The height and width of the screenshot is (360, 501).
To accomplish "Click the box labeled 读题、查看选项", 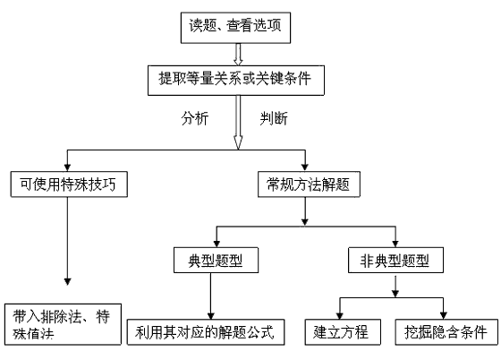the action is pos(235,28).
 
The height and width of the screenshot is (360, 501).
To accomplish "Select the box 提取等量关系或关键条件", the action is pos(236,81).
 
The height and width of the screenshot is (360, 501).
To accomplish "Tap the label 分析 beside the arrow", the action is pos(195,118).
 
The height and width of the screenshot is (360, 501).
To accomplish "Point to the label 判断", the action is pos(274,118).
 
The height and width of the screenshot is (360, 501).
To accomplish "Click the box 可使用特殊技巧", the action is pos(69,184).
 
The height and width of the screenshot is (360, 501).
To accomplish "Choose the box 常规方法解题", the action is pos(309,184).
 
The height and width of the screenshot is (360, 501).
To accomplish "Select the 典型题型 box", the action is pos(216,260).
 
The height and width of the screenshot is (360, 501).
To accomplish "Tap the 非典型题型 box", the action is pos(395,260).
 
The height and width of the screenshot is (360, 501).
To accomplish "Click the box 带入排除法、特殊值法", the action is pos(63,324).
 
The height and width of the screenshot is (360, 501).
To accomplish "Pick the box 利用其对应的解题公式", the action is pos(206,332).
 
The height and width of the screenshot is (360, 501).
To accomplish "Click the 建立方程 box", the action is pos(343,332).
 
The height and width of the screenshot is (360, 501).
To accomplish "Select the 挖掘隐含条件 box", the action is pos(446,332).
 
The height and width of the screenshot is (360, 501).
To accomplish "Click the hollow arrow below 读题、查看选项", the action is pos(238,55).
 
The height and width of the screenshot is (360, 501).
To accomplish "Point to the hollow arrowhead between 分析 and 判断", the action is pos(238,142).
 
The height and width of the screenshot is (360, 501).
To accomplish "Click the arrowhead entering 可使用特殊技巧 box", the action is pos(67,167).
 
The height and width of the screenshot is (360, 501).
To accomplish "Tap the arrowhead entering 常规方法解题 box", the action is pos(305,167).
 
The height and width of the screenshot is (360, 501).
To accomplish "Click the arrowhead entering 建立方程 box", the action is pos(340,315).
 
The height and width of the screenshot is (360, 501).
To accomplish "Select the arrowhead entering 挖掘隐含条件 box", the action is pos(443,315).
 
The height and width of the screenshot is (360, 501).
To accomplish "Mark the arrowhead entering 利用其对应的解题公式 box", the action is pos(210,315).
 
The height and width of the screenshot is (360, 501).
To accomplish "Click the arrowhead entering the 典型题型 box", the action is pos(217,244).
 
